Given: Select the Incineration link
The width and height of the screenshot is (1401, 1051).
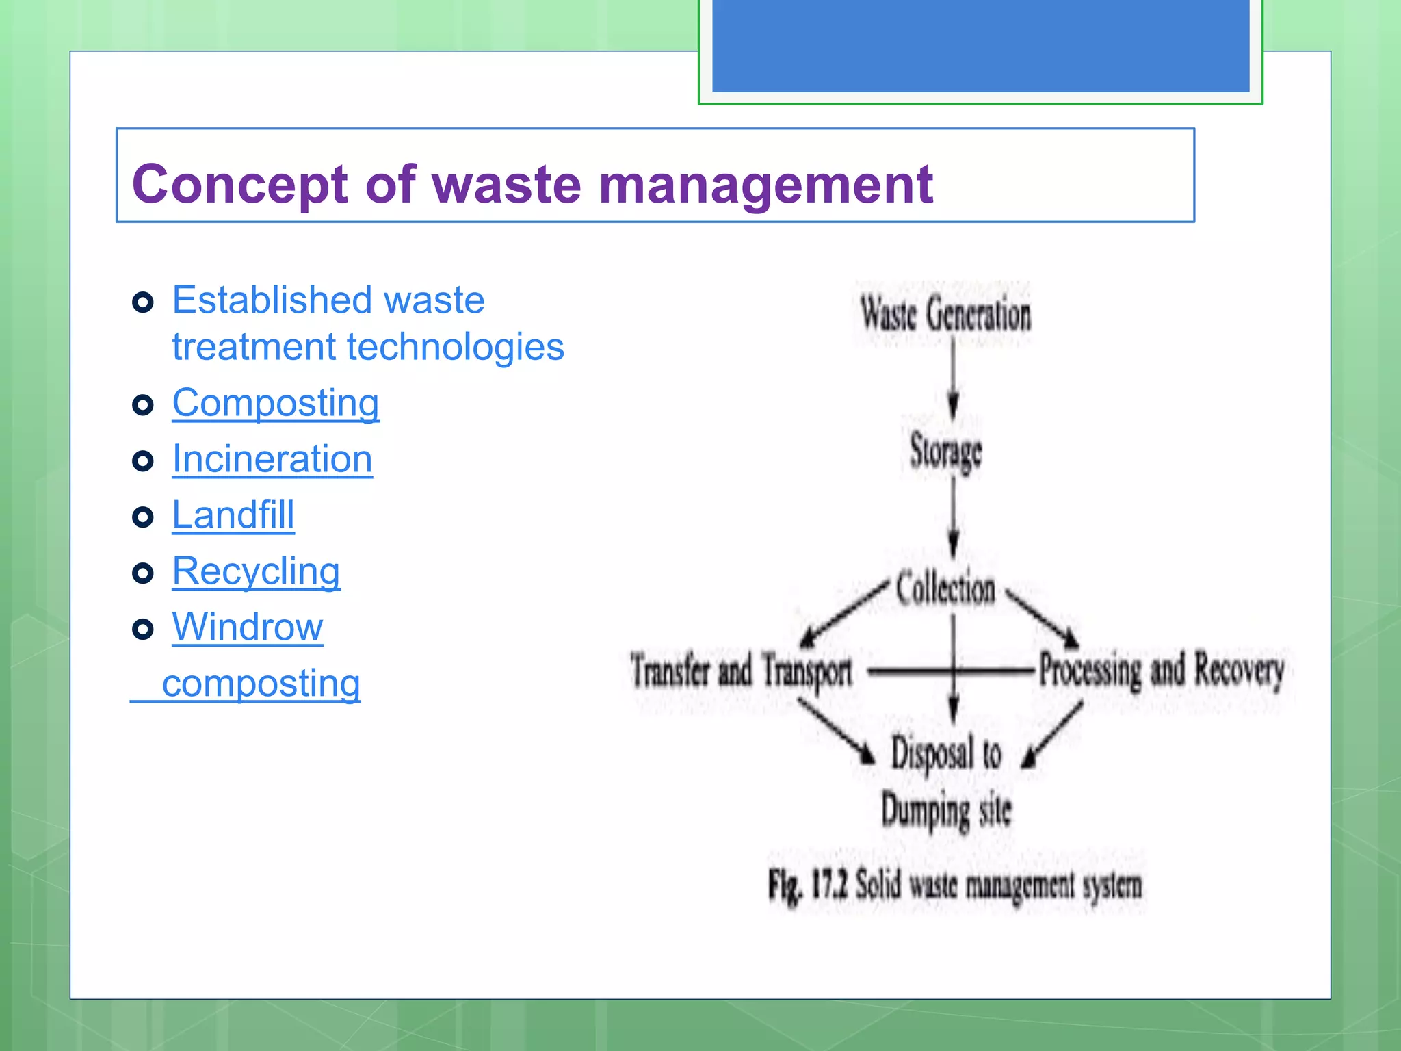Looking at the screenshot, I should coord(272,458).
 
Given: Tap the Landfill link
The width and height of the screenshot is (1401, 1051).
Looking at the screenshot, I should coord(233,515).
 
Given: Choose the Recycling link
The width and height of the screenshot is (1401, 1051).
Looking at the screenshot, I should coord(255,571).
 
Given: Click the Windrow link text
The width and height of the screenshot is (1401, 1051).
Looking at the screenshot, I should coord(247,627).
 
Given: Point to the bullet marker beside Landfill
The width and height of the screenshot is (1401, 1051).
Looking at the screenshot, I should coord(142,517).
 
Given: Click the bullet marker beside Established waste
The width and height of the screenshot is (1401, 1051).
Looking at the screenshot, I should coord(142,302).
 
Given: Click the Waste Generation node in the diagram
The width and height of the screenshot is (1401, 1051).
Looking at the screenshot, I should coord(945,315).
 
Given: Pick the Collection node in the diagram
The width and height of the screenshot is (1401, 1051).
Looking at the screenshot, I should coord(945,588).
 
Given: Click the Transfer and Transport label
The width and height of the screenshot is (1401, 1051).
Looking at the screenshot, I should coord(741,671).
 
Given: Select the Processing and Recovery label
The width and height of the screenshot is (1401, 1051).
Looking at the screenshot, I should coord(1161,671).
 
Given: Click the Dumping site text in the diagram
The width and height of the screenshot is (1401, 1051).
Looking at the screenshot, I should coord(945,812).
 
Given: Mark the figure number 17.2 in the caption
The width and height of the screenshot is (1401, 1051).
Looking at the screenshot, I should coord(829,885).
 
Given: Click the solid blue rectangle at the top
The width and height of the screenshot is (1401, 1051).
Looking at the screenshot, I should coord(980,45).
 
